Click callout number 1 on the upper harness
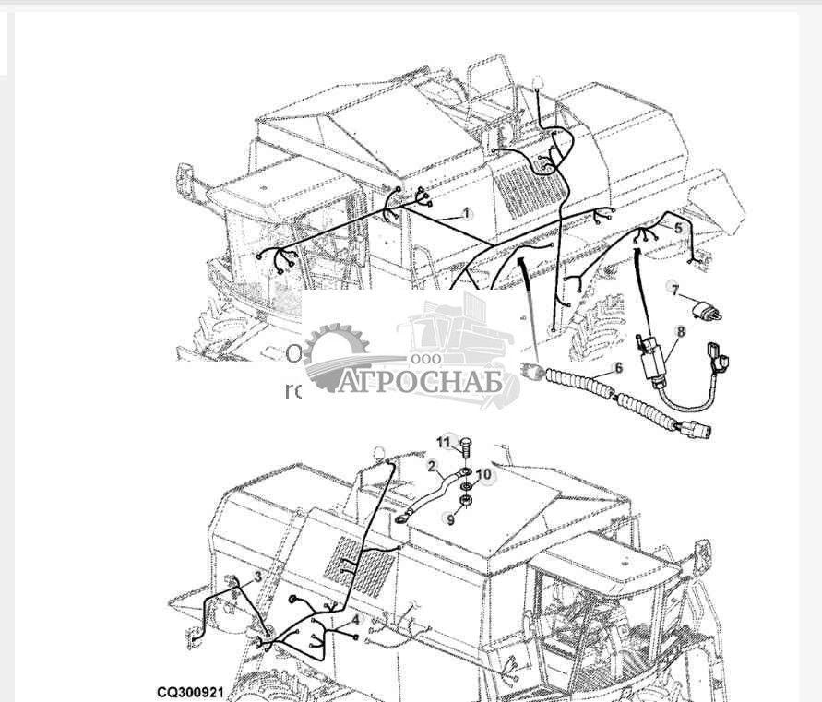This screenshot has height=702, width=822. click(x=466, y=213)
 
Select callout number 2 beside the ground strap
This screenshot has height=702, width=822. click(x=431, y=467)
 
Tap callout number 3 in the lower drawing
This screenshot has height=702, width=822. click(x=257, y=577)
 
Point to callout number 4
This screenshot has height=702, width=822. click(x=355, y=621)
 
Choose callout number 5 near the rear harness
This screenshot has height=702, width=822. click(x=678, y=228)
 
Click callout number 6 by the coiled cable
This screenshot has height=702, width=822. click(x=618, y=368)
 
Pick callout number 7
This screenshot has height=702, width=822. click(x=674, y=291)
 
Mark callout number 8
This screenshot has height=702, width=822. click(x=681, y=332)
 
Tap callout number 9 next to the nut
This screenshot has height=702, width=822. click(x=450, y=519)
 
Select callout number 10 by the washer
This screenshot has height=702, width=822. click(x=483, y=475)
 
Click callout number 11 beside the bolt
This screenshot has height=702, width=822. click(x=444, y=443)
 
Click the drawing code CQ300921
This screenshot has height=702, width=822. click(x=190, y=691)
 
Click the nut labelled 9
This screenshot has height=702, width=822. click(x=467, y=500)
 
